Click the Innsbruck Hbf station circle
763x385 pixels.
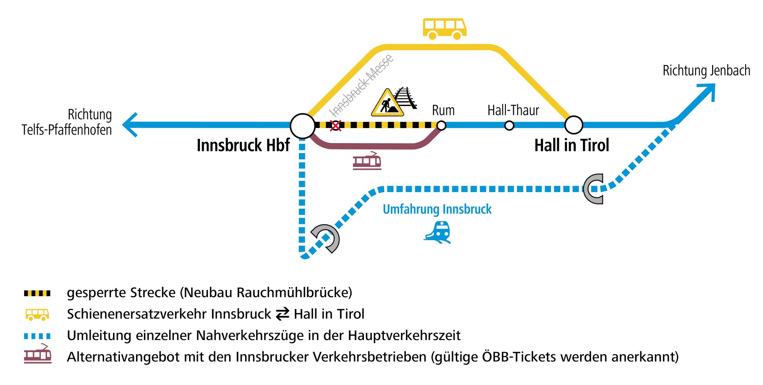pos(302,126)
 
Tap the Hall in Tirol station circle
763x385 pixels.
pos(574,125)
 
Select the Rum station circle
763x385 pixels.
pos(441,126)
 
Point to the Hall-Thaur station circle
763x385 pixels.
pos(509,126)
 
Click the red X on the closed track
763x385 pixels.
pos(335,126)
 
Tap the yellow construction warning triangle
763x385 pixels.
pos(387,103)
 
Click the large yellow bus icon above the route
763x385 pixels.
pos(444,29)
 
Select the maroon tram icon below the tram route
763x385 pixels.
pos(367,161)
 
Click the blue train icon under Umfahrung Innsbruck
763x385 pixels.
pos(438,233)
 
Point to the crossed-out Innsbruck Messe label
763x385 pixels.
pos(361,86)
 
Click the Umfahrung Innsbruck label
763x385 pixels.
pos(437,209)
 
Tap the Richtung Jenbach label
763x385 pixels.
pos(706,71)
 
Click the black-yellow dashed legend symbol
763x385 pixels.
pos(37,293)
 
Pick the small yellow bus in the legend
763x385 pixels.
pos(37,314)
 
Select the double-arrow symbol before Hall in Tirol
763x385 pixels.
pos(283,314)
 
